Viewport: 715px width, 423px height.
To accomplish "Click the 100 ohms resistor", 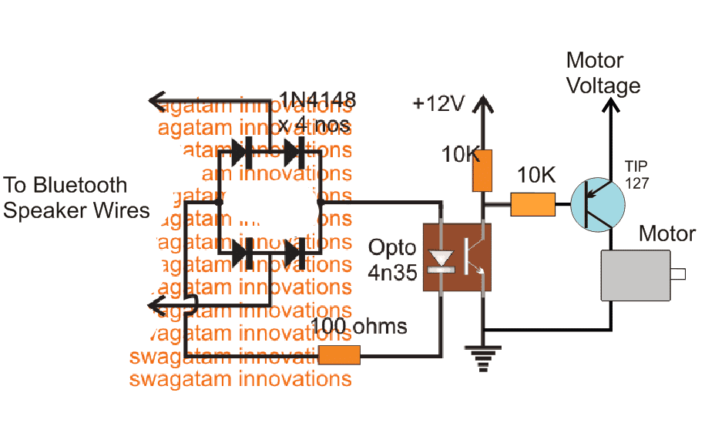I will click(340, 355).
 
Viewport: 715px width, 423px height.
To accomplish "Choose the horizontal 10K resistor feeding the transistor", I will click(532, 204).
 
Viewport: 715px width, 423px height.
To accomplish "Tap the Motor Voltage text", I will click(603, 72).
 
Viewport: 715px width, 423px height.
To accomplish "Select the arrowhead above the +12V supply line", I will click(483, 102).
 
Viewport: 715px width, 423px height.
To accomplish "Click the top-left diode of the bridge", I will click(243, 152).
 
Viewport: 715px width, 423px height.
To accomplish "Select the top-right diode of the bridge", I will click(295, 152).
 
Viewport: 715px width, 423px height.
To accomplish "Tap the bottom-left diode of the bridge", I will click(243, 252).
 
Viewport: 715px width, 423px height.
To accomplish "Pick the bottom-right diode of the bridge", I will click(295, 252).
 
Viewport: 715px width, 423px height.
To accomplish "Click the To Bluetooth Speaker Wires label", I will click(76, 197).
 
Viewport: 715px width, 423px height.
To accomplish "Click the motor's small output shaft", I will click(678, 274).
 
